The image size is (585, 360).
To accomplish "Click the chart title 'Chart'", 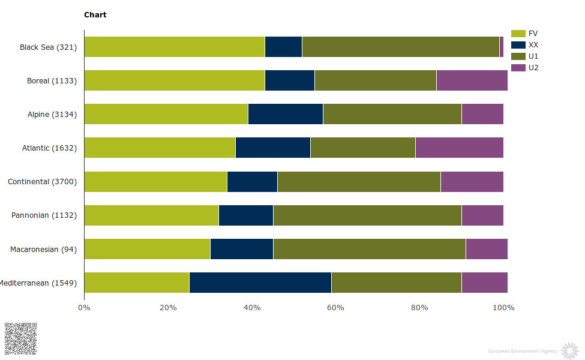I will coord(95,14).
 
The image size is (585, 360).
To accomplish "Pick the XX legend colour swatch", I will coord(518,45).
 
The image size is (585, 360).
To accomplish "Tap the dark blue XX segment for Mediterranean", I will coord(260,283).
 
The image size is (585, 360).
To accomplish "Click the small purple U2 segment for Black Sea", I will coord(502,47).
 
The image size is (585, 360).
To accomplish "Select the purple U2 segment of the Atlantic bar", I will coord(459,148).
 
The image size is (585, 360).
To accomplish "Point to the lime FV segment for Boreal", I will coord(175,80).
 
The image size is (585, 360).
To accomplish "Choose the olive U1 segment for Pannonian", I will coord(367,215).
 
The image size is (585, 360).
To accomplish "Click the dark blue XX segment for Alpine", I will coord(286,114).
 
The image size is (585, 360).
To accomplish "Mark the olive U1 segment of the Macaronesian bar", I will coord(369,249).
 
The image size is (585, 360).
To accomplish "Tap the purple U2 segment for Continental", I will coord(472,182).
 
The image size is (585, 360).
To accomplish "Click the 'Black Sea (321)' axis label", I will coord(48,47).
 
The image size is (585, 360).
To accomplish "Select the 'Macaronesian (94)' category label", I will coord(43,250).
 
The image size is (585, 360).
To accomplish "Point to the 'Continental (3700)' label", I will coord(42,182).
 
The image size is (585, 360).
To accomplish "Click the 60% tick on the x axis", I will coord(335,308).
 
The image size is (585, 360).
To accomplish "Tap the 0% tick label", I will coord(84,308).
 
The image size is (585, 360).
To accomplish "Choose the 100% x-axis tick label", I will coord(503,308).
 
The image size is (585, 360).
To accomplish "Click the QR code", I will coord(20,338).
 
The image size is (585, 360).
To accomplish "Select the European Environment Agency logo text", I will coord(522,351).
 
